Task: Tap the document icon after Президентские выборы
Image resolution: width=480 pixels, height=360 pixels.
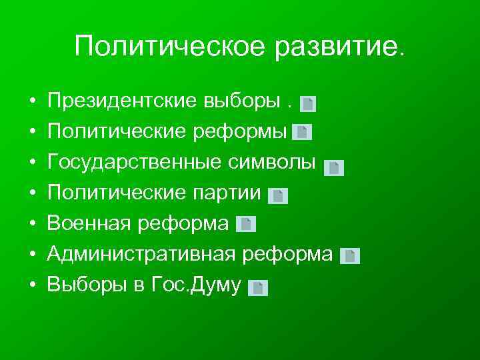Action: [x=308, y=103]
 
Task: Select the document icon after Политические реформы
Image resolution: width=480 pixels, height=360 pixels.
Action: [x=302, y=132]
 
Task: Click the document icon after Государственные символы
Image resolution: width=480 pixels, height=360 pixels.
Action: [x=334, y=167]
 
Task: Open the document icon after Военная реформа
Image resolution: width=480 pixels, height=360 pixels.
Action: [x=246, y=224]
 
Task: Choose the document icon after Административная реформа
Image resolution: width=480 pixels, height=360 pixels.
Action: [x=350, y=256]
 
